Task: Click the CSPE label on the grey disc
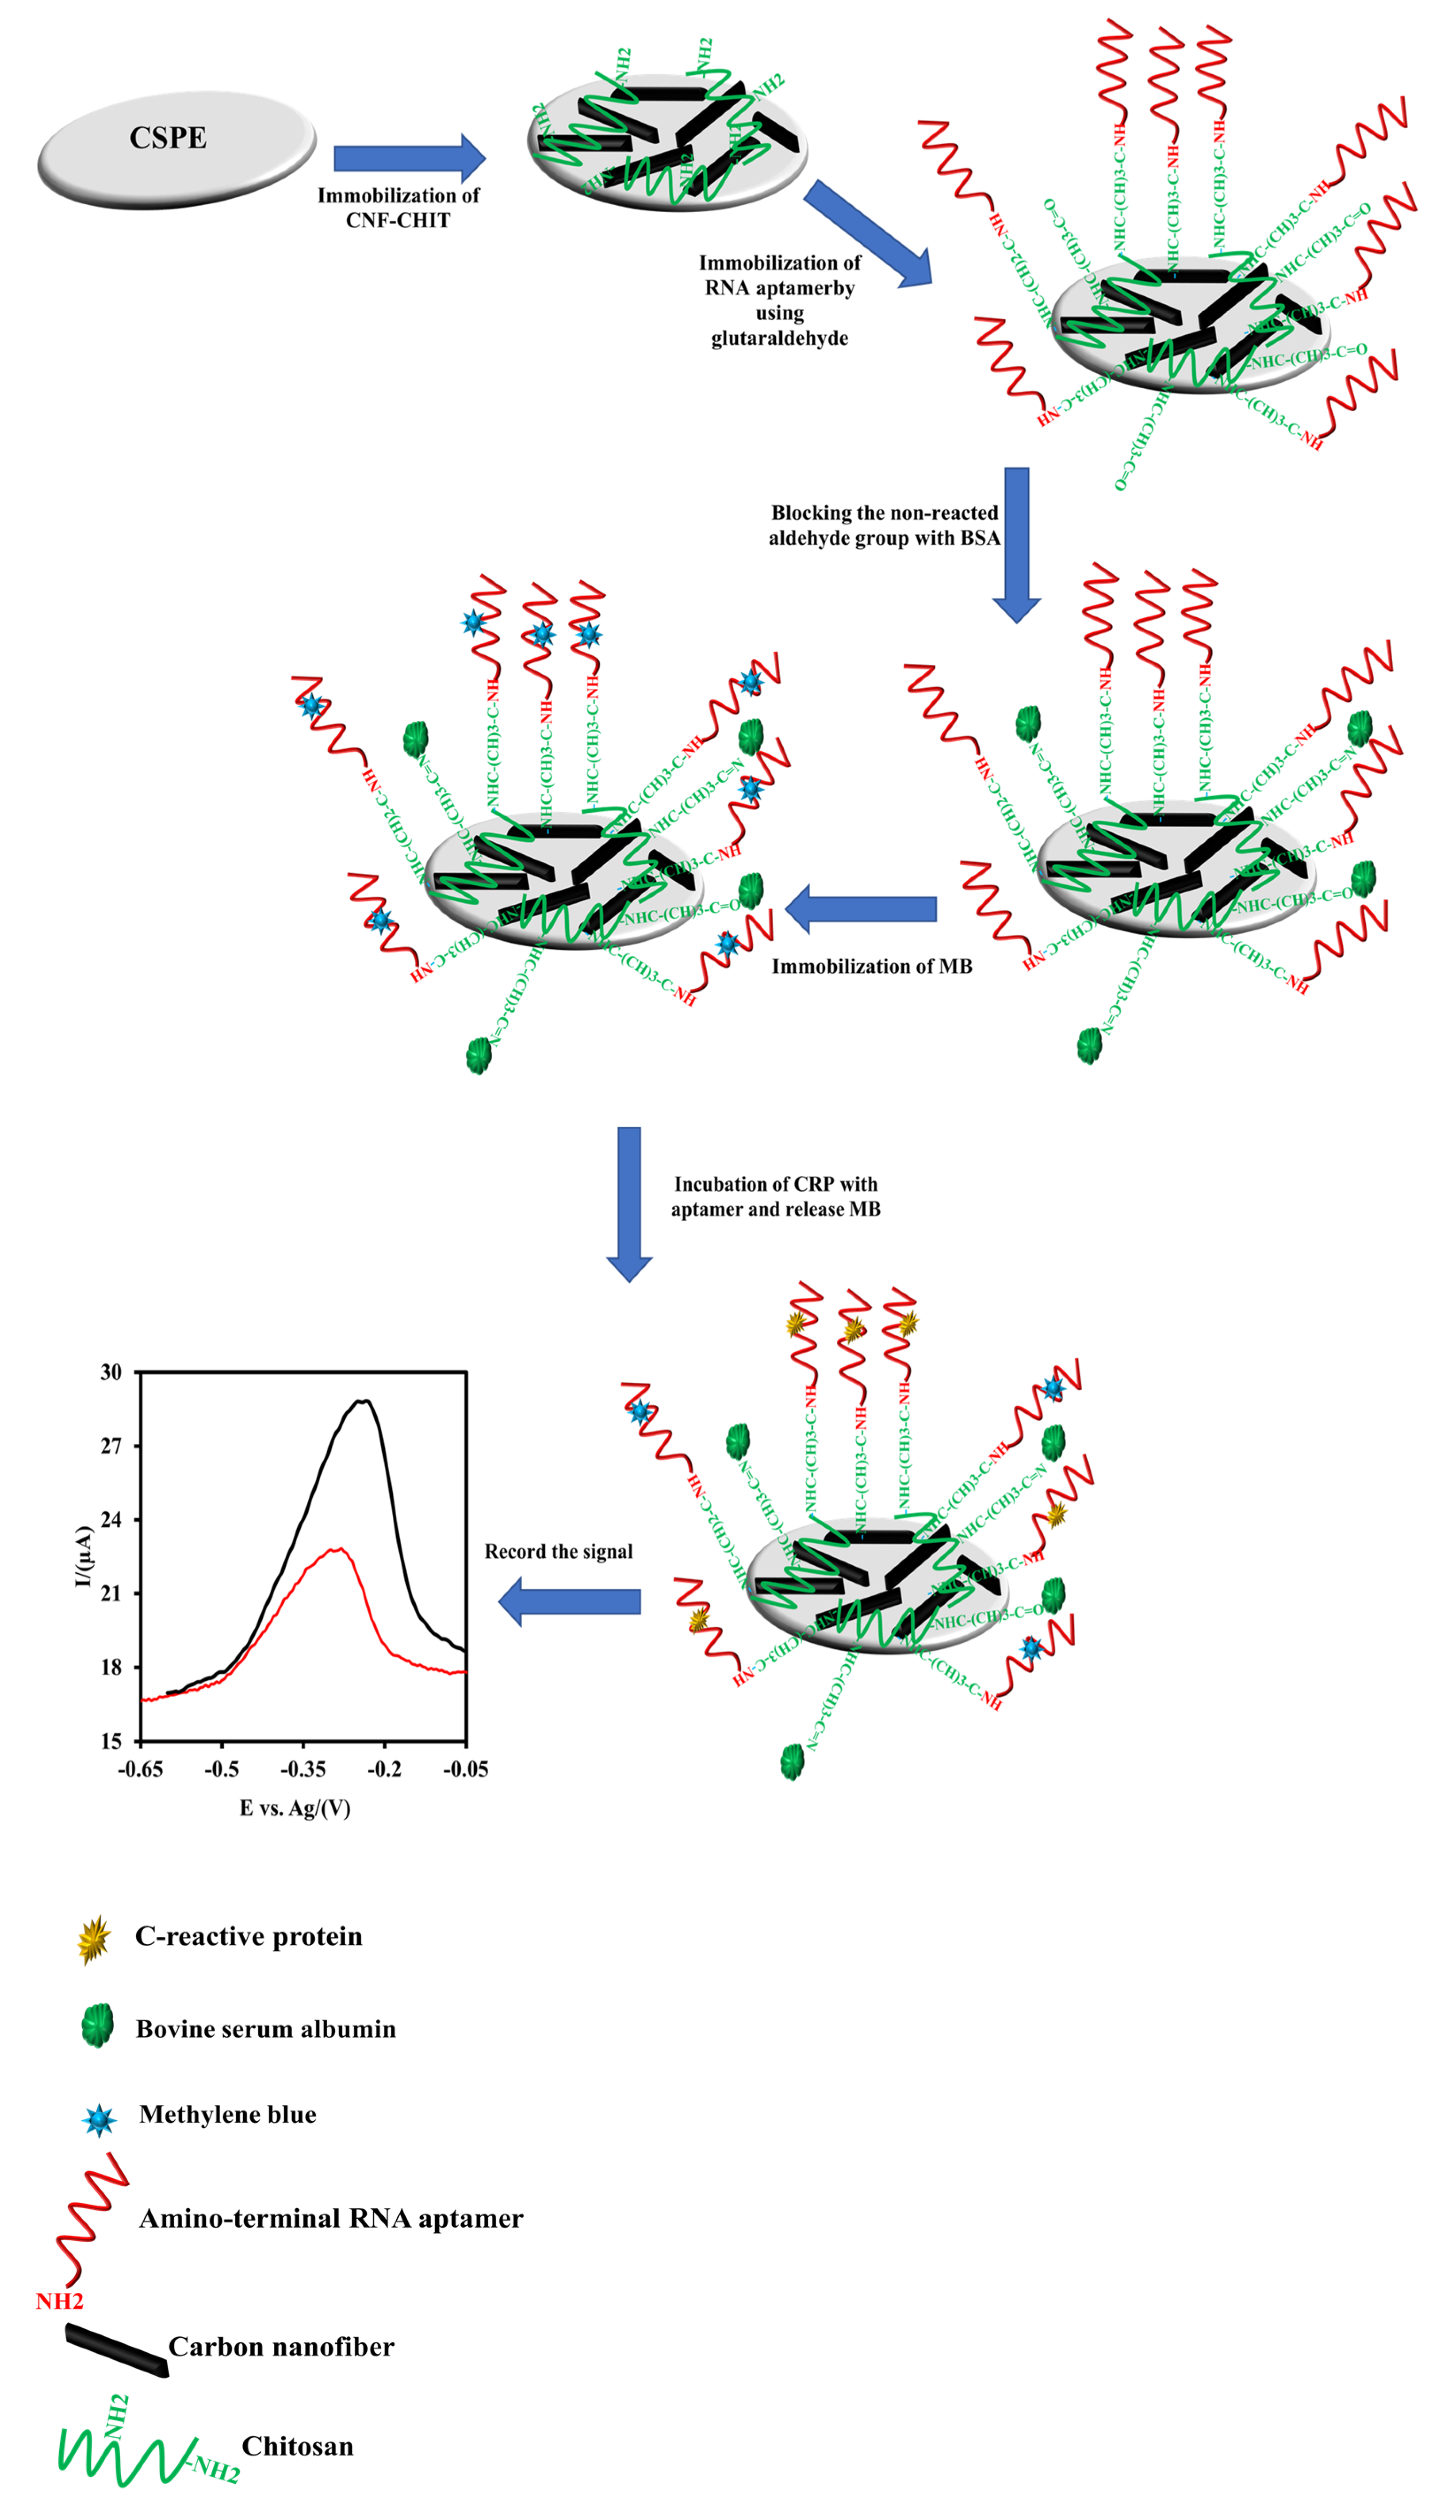[x=168, y=138]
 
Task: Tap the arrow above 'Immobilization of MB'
[x=861, y=909]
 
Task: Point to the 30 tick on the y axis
[x=111, y=1373]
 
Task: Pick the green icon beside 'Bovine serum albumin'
[x=97, y=2026]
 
